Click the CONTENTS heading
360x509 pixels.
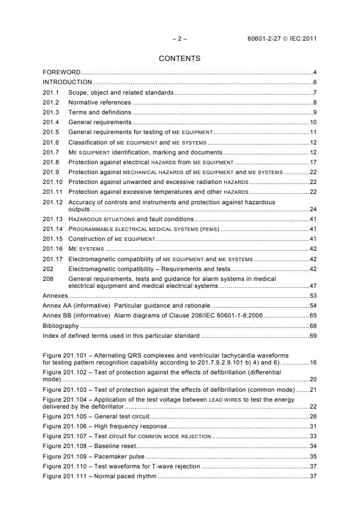coord(179,59)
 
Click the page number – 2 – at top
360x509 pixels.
coord(179,39)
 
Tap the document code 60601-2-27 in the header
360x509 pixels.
coord(266,39)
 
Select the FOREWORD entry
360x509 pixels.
coord(62,72)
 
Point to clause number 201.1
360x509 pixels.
coord(52,92)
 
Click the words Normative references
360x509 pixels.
coord(99,102)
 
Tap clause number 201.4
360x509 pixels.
coord(52,122)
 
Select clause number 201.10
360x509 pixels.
coord(53,182)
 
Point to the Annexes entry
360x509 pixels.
coord(56,295)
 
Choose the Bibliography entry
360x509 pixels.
coord(60,326)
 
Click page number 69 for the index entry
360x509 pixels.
coord(312,335)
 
